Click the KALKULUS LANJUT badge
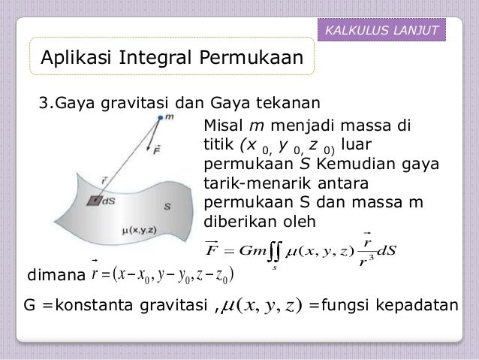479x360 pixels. [x=382, y=29]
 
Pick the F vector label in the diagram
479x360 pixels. [x=156, y=150]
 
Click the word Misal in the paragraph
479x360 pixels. [x=224, y=125]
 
